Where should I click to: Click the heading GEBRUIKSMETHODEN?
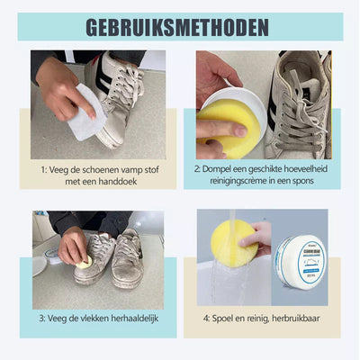pos(180,26)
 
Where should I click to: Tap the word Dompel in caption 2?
pos(224,168)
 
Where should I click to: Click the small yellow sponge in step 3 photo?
pos(85,263)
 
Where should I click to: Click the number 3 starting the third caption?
pos(41,319)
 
